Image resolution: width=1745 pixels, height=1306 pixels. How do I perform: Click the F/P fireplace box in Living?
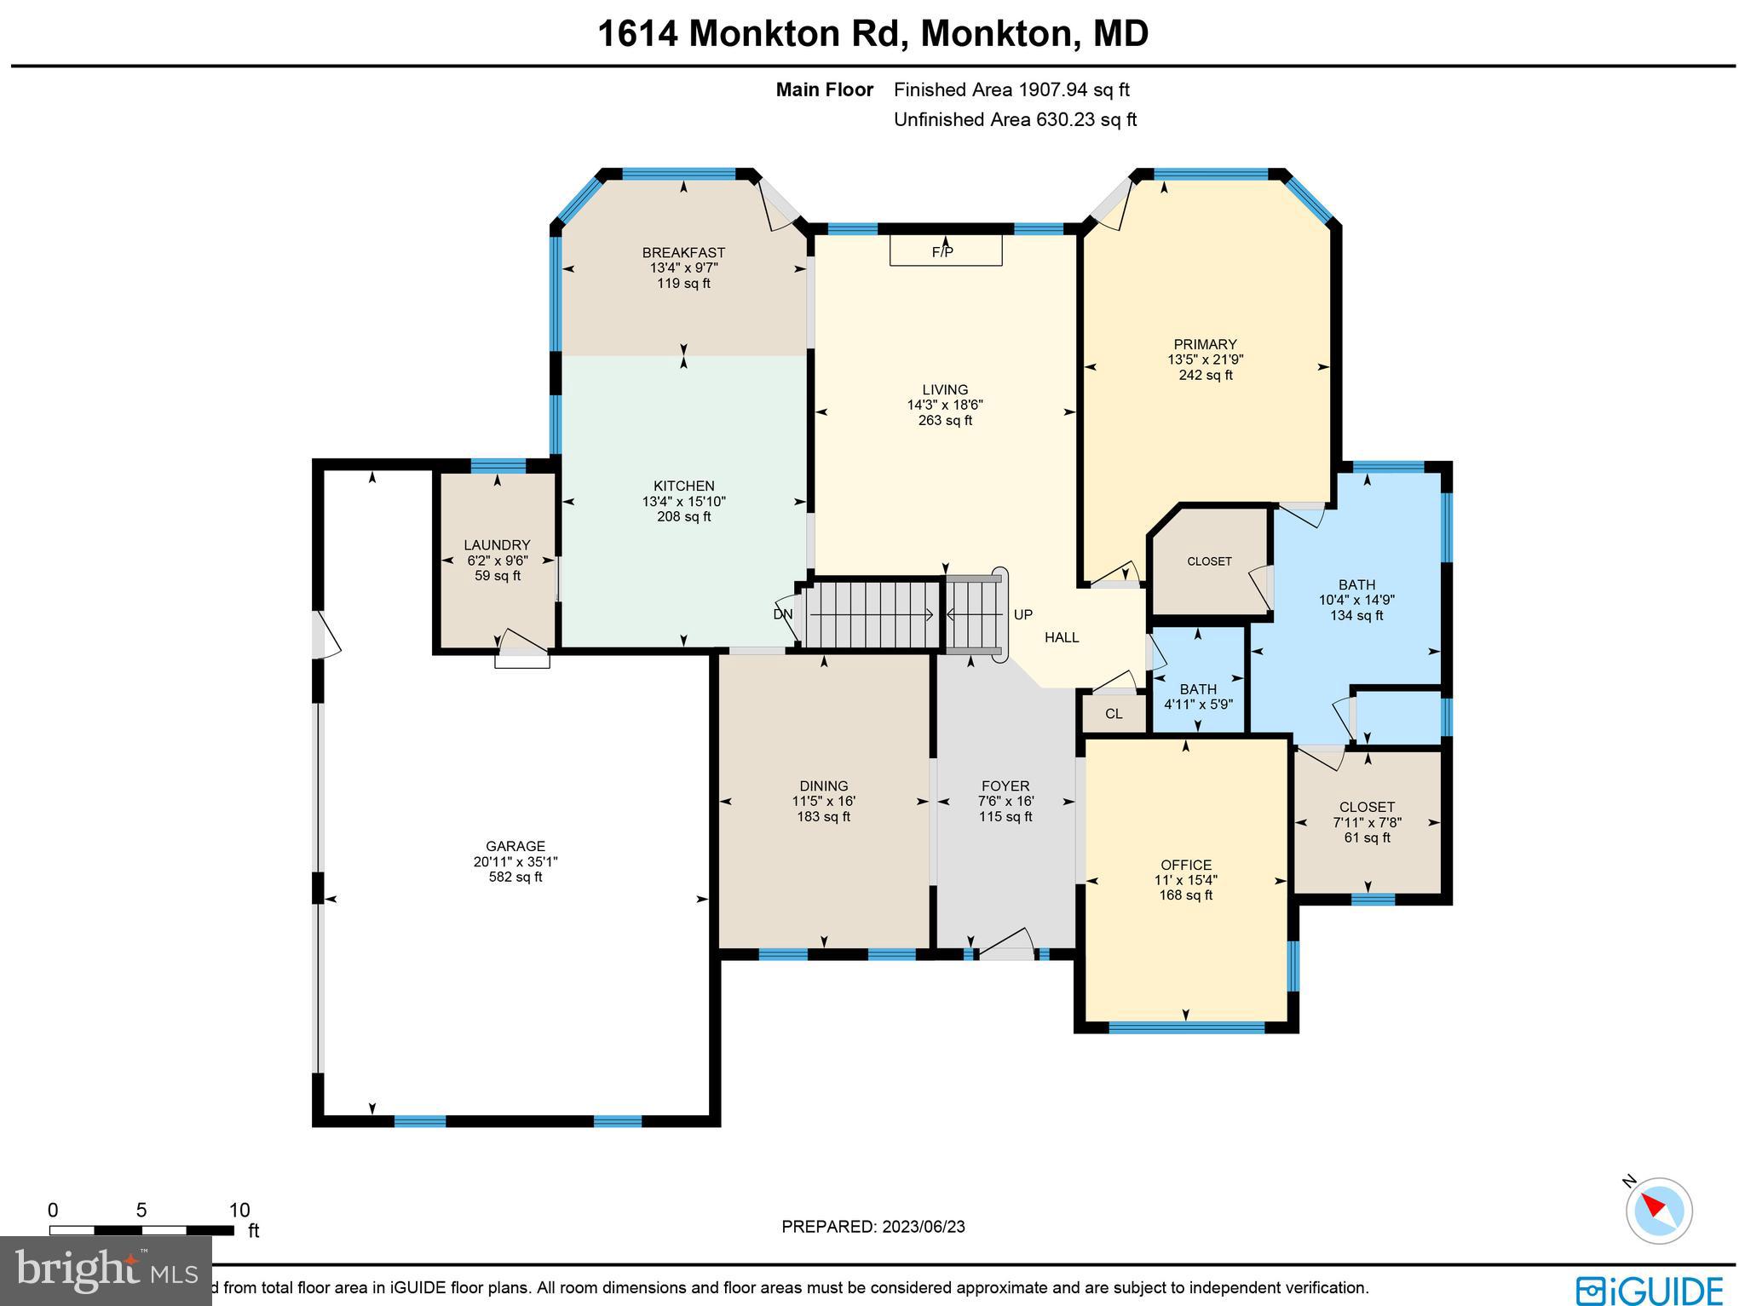[x=945, y=251]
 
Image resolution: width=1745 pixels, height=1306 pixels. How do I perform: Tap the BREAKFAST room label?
[x=683, y=252]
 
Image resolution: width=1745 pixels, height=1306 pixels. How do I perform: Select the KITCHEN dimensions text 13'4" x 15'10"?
[x=683, y=502]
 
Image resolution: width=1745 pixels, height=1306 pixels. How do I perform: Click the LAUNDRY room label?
[x=497, y=545]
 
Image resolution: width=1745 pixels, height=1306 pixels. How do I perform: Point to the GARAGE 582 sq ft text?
[x=515, y=877]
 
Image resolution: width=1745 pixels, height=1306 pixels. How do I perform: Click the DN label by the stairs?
[x=782, y=614]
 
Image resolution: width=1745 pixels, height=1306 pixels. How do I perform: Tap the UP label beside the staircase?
[x=1022, y=614]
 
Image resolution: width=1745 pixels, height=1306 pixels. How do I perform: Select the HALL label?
[x=1062, y=637]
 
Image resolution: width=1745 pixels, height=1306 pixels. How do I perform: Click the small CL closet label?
[x=1114, y=714]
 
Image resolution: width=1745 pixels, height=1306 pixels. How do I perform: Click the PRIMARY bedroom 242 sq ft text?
[x=1205, y=375]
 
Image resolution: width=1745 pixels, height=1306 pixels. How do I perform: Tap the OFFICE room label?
[x=1185, y=865]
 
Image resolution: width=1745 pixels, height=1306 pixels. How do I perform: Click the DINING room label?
[x=823, y=785]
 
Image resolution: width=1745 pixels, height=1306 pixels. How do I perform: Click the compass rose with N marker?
[x=1658, y=1211]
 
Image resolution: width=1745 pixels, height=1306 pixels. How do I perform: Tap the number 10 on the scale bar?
[x=239, y=1211]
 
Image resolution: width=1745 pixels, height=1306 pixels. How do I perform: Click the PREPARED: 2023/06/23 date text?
[x=872, y=1227]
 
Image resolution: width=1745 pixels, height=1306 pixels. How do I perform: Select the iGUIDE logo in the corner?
[x=1649, y=1289]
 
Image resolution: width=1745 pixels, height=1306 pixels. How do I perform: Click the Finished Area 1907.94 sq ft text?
[x=1011, y=89]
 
